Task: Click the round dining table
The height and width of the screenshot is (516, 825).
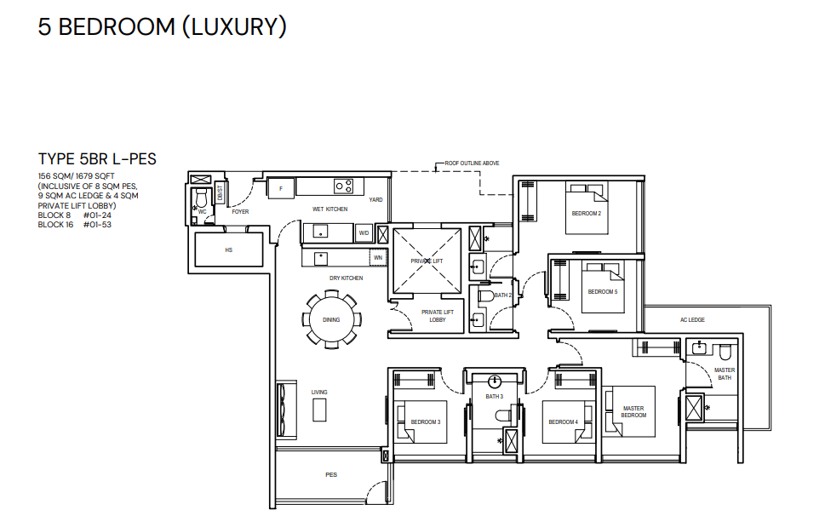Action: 331,320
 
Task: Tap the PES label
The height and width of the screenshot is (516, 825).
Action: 331,474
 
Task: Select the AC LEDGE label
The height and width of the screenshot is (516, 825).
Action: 692,320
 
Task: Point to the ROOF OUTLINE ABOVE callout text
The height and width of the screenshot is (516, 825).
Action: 472,163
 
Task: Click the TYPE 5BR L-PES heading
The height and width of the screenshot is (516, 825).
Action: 97,159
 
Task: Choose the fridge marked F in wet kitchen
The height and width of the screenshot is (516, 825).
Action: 281,188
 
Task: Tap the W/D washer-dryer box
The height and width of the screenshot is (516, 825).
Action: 364,233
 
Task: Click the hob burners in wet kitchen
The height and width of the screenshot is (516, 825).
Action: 344,186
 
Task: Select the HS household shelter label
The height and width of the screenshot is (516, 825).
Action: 228,249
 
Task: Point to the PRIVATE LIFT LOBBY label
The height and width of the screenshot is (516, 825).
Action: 438,316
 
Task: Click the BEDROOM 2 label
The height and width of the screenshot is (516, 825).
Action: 586,214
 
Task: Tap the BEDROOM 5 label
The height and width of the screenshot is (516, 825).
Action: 603,292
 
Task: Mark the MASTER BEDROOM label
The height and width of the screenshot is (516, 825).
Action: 633,412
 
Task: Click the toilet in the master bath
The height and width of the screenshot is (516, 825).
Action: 725,351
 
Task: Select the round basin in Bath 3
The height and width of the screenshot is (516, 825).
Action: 494,381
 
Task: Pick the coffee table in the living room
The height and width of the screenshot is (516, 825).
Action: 319,410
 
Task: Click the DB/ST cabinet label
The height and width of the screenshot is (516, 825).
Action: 220,193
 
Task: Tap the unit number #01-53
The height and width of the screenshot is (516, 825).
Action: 97,225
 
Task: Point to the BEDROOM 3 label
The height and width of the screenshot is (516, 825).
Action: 426,421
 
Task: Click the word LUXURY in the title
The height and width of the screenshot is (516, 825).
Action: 234,27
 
